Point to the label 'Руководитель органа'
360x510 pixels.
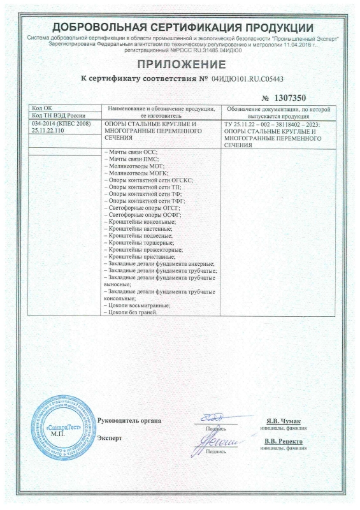pyautogui.click(x=130, y=421)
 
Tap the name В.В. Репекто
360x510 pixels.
pyautogui.click(x=283, y=441)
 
